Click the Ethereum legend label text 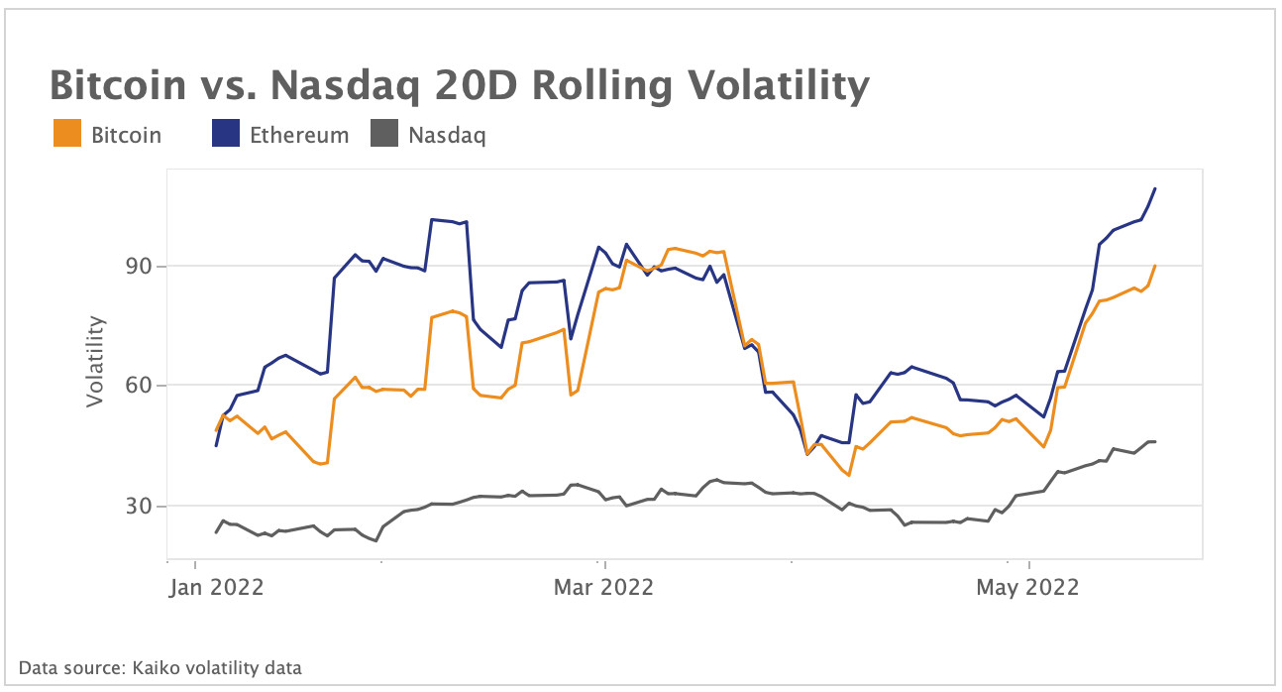pyautogui.click(x=299, y=135)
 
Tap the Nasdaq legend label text pyautogui.click(x=447, y=135)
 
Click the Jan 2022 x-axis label pyautogui.click(x=216, y=587)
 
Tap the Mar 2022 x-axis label pyautogui.click(x=604, y=587)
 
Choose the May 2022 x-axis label pyautogui.click(x=1026, y=587)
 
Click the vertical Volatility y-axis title pyautogui.click(x=95, y=361)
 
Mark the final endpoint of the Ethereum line pyautogui.click(x=1155, y=188)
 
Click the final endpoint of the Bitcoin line pyautogui.click(x=1155, y=266)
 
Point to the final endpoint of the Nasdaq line pyautogui.click(x=1155, y=441)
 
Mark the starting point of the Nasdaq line pyautogui.click(x=216, y=532)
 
